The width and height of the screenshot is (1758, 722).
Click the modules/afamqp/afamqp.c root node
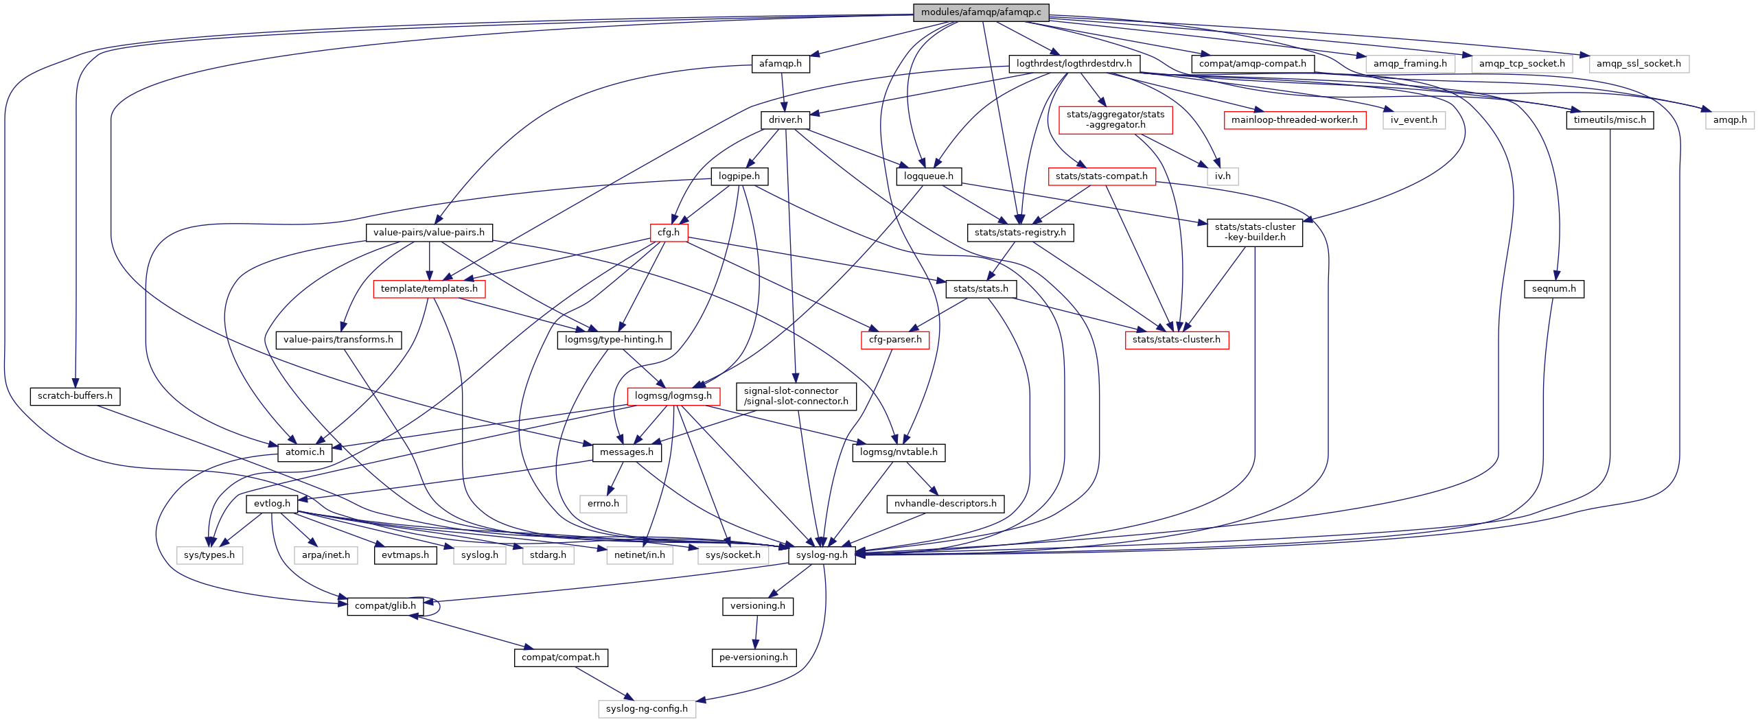[980, 12]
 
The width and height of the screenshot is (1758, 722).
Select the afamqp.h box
[780, 64]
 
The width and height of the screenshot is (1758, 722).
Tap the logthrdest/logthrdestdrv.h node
[1074, 64]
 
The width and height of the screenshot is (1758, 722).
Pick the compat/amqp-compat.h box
[1252, 64]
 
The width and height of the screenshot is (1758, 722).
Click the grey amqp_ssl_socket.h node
[1638, 64]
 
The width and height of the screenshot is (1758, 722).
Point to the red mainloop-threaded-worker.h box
[1294, 120]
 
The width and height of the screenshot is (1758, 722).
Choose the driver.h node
[785, 120]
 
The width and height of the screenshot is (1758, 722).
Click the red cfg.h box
[669, 233]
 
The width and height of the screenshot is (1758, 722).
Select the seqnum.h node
[1553, 289]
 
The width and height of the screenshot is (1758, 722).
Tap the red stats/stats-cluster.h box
[1176, 340]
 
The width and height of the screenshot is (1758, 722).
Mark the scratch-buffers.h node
[75, 396]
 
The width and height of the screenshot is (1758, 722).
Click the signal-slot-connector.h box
[796, 396]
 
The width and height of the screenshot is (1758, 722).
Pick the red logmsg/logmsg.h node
[673, 396]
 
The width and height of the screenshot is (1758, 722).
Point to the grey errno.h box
[603, 504]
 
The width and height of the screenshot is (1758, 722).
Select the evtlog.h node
[272, 504]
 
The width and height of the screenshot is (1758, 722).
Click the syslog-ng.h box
[822, 555]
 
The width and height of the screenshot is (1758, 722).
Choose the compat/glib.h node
[385, 606]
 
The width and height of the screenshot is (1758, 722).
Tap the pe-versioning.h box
[753, 657]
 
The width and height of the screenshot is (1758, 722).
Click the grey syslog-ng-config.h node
[646, 709]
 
